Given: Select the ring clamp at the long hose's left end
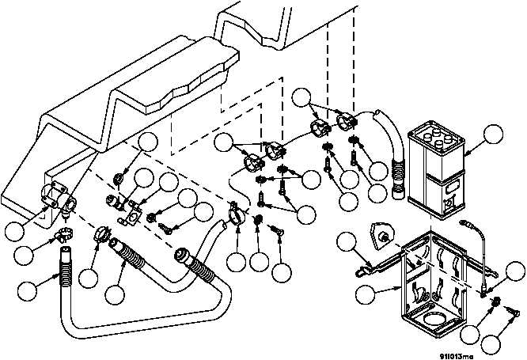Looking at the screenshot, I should (x=102, y=234).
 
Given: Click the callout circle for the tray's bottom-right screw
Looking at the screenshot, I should (x=492, y=343).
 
